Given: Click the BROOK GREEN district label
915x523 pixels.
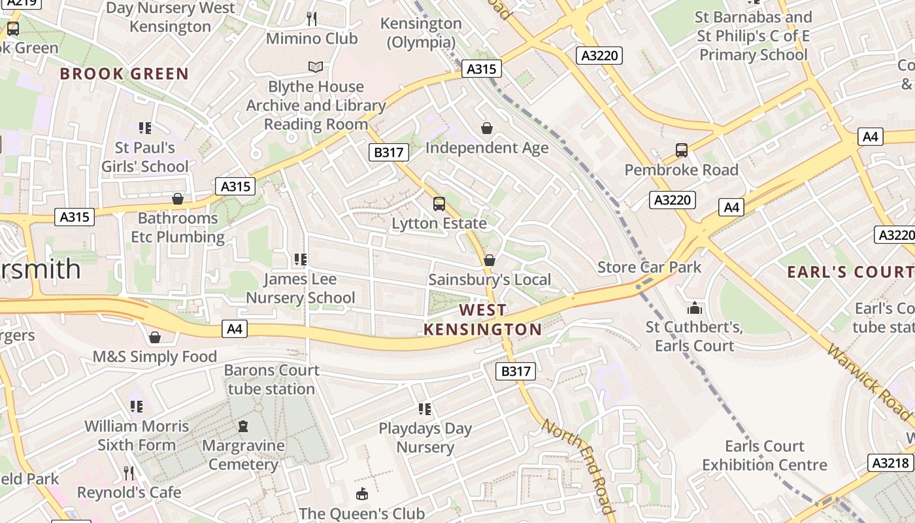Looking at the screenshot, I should coord(124,74).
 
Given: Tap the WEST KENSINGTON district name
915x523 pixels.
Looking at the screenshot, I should coord(482,320).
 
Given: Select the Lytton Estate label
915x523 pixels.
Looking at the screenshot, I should coord(439,224).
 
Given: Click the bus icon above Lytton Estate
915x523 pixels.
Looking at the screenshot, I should coord(439,204).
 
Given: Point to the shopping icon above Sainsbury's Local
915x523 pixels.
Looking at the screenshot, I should coord(489,261).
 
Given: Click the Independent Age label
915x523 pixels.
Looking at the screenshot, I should coord(487,148).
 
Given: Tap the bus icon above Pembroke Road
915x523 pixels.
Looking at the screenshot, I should coord(682,150).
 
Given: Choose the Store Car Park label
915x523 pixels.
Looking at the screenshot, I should coord(649,267).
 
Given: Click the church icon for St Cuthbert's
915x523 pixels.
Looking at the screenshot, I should coord(694,307).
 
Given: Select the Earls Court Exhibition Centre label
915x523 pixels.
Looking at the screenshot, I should coord(765,456).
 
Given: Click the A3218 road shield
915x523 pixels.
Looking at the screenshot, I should coord(890,463).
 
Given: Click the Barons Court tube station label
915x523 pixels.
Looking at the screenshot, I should coord(271,380).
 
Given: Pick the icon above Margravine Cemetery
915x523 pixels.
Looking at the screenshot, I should coord(243,426).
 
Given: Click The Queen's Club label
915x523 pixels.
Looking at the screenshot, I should coord(361,513).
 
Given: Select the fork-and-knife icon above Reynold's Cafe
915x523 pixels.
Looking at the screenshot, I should coord(129,473).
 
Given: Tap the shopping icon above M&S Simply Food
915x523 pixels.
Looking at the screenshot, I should coord(155,337).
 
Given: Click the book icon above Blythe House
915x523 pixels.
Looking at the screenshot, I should coord(316,67).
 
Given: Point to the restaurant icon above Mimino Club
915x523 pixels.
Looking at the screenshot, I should coord(312,19).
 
